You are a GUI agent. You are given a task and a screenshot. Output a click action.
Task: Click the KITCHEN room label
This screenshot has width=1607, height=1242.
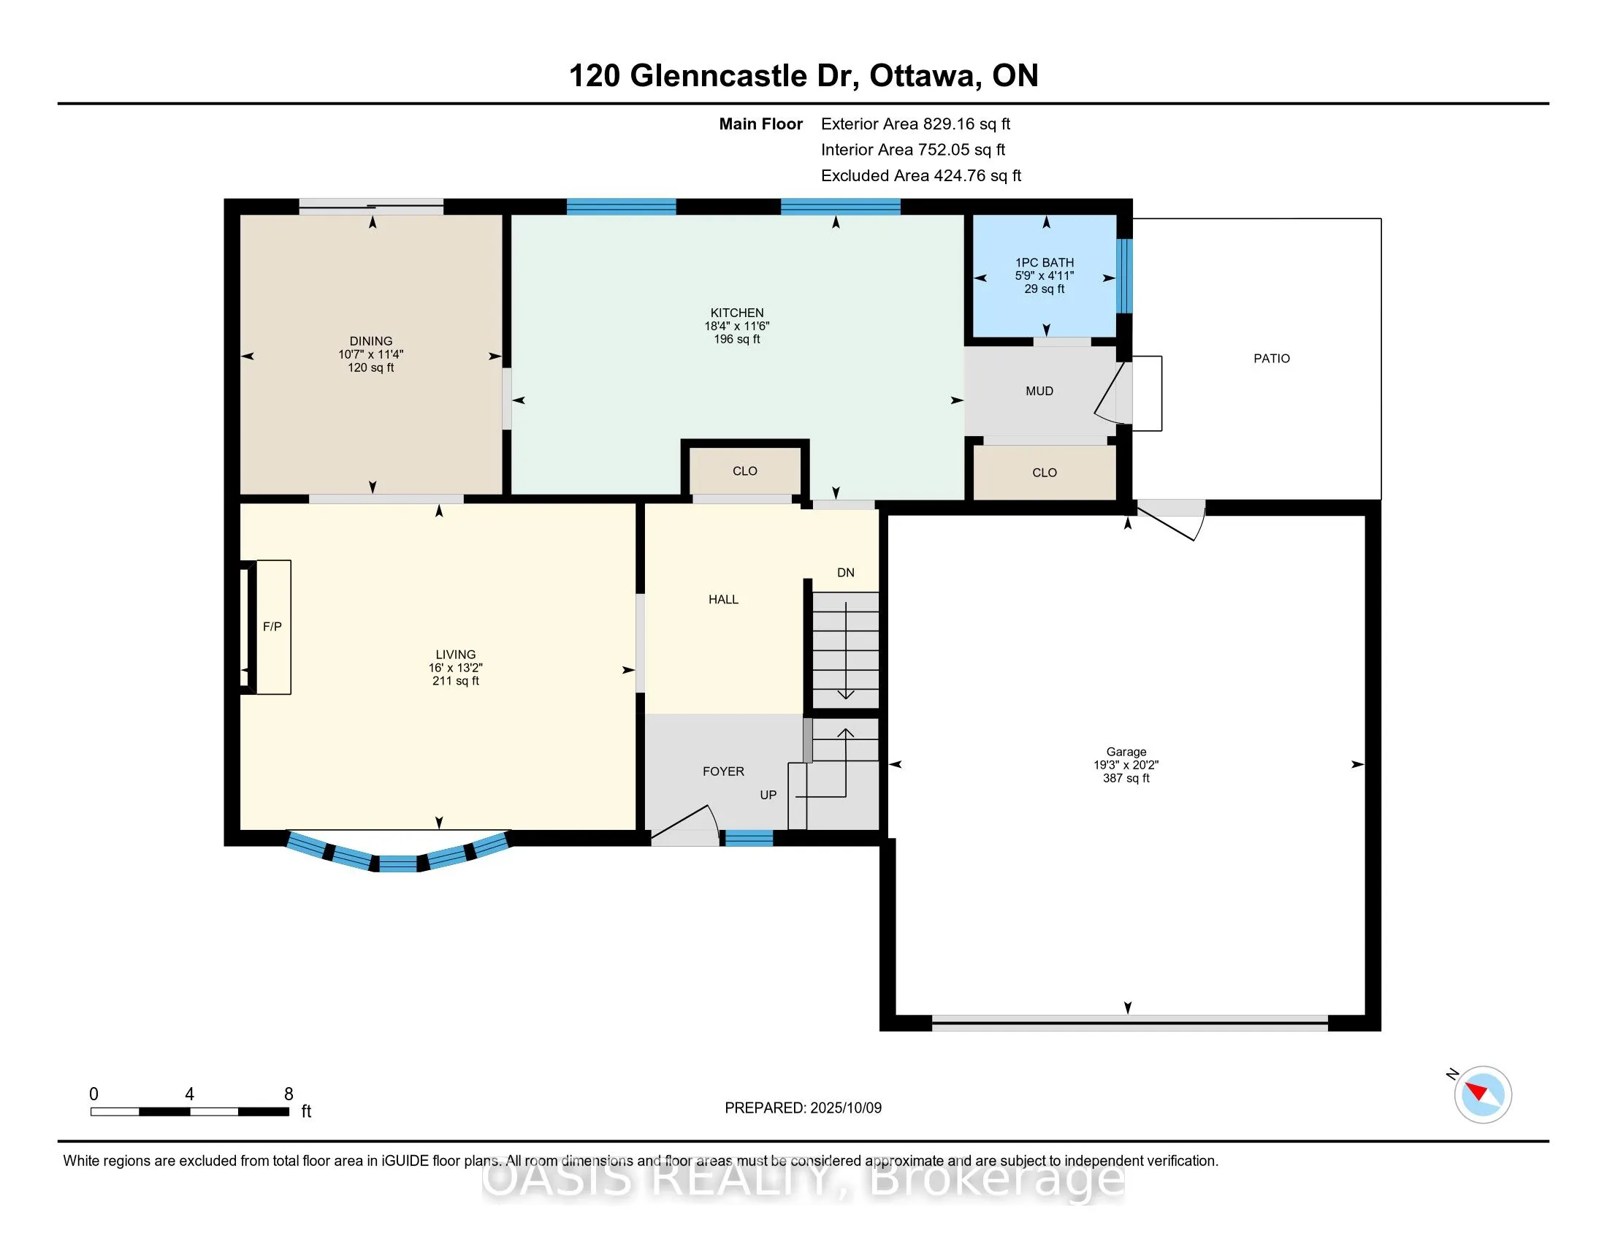[736, 313]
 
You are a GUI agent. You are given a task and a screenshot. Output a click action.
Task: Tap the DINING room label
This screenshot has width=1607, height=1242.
[371, 341]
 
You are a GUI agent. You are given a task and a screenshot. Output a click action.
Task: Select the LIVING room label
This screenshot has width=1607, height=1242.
[456, 654]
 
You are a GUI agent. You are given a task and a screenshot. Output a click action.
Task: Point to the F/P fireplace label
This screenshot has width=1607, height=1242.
[272, 627]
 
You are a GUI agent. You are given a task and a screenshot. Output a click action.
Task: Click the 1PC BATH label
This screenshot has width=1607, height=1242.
[1044, 263]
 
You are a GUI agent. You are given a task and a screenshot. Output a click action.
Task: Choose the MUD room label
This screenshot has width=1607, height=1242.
[1039, 392]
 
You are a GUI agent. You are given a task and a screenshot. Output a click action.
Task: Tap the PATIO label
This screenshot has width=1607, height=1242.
[1272, 358]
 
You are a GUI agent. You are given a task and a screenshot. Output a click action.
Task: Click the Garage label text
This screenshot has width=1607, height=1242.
[1126, 752]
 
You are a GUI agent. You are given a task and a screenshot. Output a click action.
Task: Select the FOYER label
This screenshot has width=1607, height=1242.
[723, 771]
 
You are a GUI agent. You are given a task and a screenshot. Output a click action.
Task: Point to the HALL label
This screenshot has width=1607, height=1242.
[723, 600]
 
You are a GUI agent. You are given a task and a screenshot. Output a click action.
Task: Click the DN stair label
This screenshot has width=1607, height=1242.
[845, 573]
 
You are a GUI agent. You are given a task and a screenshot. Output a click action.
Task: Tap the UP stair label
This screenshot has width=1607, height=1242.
[768, 795]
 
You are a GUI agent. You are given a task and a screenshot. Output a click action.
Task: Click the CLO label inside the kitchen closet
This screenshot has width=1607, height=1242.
[744, 471]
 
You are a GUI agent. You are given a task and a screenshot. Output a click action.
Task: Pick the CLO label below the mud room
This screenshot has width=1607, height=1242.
[1044, 473]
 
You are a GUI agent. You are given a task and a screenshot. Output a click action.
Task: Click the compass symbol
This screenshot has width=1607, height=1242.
[1483, 1095]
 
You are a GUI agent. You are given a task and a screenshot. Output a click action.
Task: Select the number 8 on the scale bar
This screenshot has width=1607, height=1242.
[289, 1094]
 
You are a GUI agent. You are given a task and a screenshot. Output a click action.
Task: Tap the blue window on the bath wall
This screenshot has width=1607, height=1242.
[1124, 276]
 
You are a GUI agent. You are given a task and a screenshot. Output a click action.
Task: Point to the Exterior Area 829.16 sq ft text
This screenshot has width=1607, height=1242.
[915, 123]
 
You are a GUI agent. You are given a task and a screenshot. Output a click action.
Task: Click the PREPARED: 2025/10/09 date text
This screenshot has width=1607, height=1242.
[803, 1108]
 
